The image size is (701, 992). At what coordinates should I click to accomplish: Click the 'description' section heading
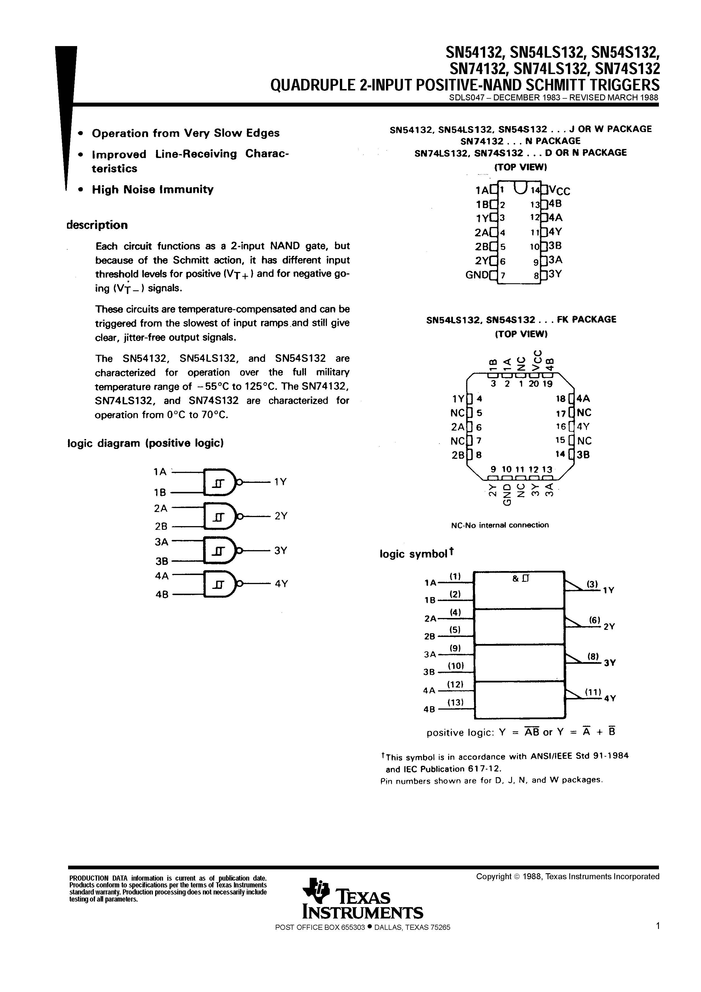click(97, 225)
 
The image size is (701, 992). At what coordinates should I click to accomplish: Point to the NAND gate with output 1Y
click(220, 482)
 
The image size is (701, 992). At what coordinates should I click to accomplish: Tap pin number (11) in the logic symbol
click(593, 692)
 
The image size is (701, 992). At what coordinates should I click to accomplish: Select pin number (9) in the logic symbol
click(455, 648)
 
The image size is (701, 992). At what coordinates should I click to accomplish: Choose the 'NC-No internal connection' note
click(500, 525)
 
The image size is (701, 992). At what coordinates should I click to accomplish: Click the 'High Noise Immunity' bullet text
click(153, 189)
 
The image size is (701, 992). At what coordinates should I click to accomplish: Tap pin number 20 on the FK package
click(533, 383)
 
